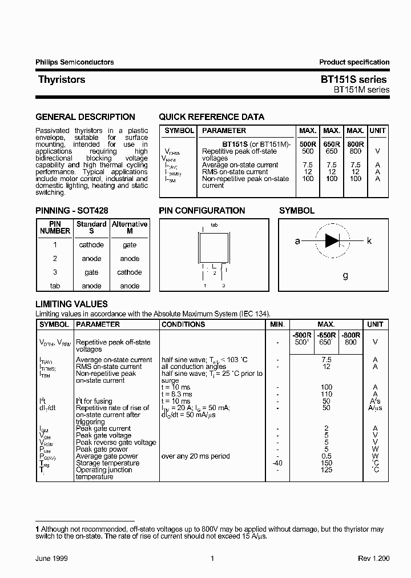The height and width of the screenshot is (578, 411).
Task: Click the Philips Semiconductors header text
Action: tap(75, 62)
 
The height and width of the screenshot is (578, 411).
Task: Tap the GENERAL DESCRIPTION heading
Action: tap(86, 117)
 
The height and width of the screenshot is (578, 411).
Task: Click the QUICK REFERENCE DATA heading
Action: tap(211, 117)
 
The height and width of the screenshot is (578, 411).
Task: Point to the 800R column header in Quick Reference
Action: tap(356, 144)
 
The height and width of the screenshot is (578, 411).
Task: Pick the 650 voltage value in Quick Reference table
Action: tap(332, 151)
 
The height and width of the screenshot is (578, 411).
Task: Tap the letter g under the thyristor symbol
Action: tap(345, 275)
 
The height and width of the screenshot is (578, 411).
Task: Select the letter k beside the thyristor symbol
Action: tap(369, 241)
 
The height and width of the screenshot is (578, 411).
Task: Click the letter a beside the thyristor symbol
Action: tap(297, 241)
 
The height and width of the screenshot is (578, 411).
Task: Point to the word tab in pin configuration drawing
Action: tap(214, 225)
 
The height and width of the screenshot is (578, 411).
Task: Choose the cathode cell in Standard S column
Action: tap(91, 245)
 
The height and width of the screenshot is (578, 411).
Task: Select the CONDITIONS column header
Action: tap(183, 324)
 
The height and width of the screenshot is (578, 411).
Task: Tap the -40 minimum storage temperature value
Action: tap(276, 463)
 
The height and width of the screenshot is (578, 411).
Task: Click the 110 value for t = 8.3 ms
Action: tap(326, 394)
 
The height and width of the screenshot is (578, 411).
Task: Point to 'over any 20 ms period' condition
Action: tap(196, 456)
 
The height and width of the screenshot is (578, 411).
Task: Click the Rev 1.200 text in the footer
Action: tap(373, 559)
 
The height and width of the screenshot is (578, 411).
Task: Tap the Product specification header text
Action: tap(354, 62)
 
